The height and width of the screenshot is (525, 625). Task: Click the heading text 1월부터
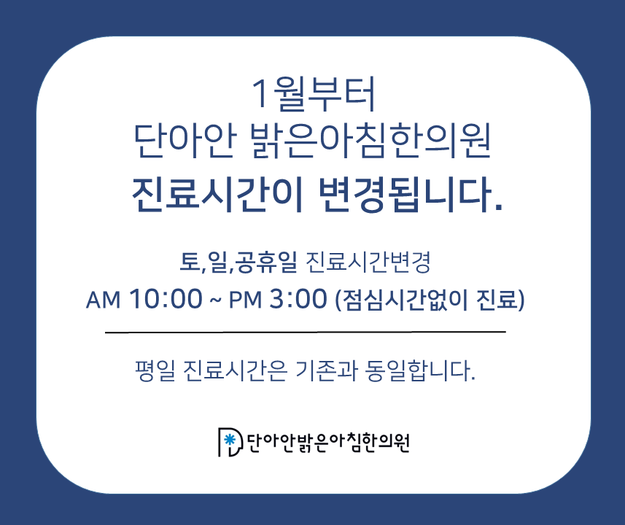coord(314,94)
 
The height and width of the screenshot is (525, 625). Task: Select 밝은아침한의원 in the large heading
coord(371,141)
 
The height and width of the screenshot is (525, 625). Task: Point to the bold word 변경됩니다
coord(410,194)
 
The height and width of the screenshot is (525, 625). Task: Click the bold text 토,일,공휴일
coord(238,262)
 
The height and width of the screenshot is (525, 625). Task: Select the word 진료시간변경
coord(368,262)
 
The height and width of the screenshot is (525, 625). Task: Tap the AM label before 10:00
coord(104,300)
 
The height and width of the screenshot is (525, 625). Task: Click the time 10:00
coord(166,298)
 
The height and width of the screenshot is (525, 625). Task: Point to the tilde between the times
coord(215,300)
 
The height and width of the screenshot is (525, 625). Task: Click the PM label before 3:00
coord(245,300)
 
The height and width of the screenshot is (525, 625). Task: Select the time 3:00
coord(298,298)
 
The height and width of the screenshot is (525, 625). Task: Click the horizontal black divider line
coord(306,332)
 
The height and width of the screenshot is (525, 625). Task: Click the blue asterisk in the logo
coord(229,440)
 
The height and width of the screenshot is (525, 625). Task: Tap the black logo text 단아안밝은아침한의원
coord(328,442)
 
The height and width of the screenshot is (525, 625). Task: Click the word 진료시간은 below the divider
coord(235,370)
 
